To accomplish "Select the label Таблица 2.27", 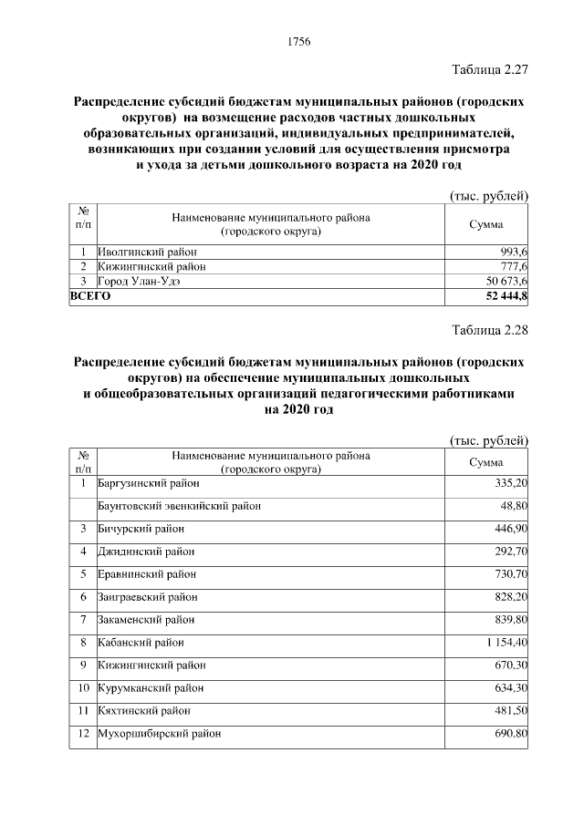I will (490, 69).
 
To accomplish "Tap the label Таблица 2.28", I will (490, 330).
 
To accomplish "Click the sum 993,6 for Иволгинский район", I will (513, 252).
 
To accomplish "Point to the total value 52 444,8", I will (502, 296).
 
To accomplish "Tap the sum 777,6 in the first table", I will (513, 266).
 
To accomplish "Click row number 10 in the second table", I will (82, 687).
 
